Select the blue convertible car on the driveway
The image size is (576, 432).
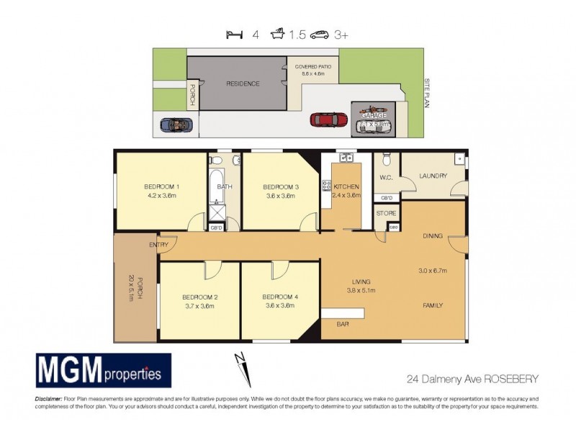pyautogui.click(x=176, y=125)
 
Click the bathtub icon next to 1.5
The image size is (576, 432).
pyautogui.click(x=277, y=34)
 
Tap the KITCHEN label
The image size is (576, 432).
pyautogui.click(x=346, y=186)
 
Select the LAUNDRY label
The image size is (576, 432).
pyautogui.click(x=433, y=176)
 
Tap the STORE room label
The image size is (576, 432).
pyautogui.click(x=387, y=213)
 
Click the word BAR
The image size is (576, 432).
pyautogui.click(x=343, y=325)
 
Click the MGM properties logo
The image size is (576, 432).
pyautogui.click(x=104, y=372)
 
